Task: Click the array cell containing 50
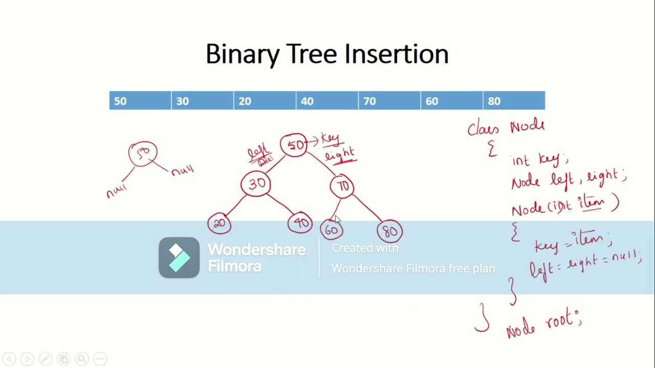pyautogui.click(x=140, y=101)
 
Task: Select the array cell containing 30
pyautogui.click(x=202, y=101)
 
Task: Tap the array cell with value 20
pyautogui.click(x=265, y=101)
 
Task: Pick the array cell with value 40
pyautogui.click(x=327, y=101)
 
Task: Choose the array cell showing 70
pyautogui.click(x=389, y=101)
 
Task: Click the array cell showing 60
pyautogui.click(x=451, y=101)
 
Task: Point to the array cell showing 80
pyautogui.click(x=514, y=101)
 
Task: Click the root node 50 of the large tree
pyautogui.click(x=294, y=145)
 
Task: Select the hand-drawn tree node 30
pyautogui.click(x=256, y=184)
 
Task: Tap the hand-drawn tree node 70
pyautogui.click(x=342, y=187)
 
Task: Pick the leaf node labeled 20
pyautogui.click(x=220, y=224)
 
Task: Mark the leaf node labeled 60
pyautogui.click(x=332, y=230)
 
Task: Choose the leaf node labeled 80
pyautogui.click(x=390, y=232)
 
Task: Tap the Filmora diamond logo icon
pyautogui.click(x=179, y=258)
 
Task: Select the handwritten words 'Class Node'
pyautogui.click(x=506, y=127)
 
